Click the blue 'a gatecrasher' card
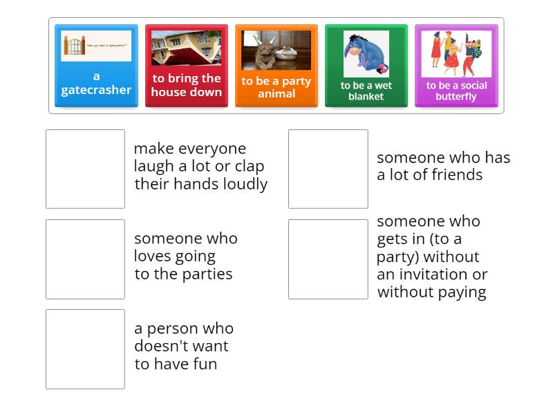(x=96, y=83)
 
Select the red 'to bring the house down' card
(x=186, y=85)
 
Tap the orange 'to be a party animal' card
(x=276, y=87)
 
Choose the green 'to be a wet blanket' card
(x=366, y=91)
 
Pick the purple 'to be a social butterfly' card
(x=456, y=91)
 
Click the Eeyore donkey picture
(x=366, y=53)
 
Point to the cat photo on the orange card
(x=276, y=50)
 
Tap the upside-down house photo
(x=187, y=48)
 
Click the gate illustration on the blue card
(x=74, y=46)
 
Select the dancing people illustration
(x=456, y=53)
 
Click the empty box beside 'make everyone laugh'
(x=85, y=169)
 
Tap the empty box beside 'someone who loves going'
(x=85, y=259)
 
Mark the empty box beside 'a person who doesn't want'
(x=85, y=349)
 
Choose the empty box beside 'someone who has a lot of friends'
(x=328, y=169)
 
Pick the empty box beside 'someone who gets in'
(x=328, y=259)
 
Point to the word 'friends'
(x=458, y=175)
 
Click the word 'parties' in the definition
(x=205, y=274)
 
